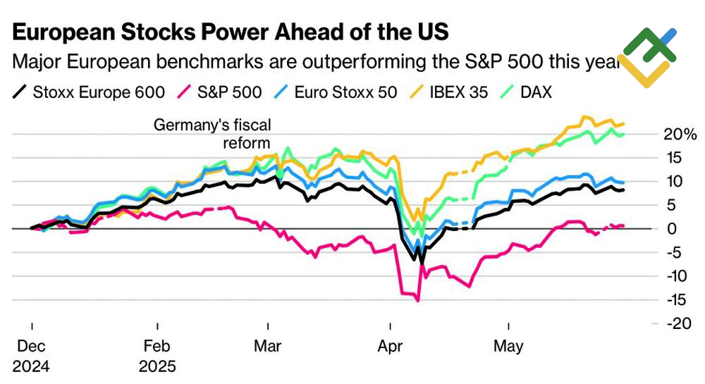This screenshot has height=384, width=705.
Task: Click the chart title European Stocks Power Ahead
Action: pyautogui.click(x=230, y=32)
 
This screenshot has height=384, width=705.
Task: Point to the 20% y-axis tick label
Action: pyautogui.click(x=681, y=135)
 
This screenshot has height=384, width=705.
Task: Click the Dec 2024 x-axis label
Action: pyautogui.click(x=32, y=356)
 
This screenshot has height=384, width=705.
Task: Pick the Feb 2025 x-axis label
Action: pyautogui.click(x=157, y=356)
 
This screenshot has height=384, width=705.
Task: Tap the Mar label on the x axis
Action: pyautogui.click(x=269, y=346)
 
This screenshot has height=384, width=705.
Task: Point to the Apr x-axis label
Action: pyautogui.click(x=390, y=346)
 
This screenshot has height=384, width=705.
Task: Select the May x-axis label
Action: pyautogui.click(x=508, y=346)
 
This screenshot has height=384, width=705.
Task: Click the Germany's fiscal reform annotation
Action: pyautogui.click(x=213, y=133)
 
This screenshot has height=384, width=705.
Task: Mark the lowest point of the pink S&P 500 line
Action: pyautogui.click(x=418, y=301)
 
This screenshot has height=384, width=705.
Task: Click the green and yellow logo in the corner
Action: pyautogui.click(x=647, y=56)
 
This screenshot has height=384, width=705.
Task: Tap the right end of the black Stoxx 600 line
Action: pyautogui.click(x=623, y=190)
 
